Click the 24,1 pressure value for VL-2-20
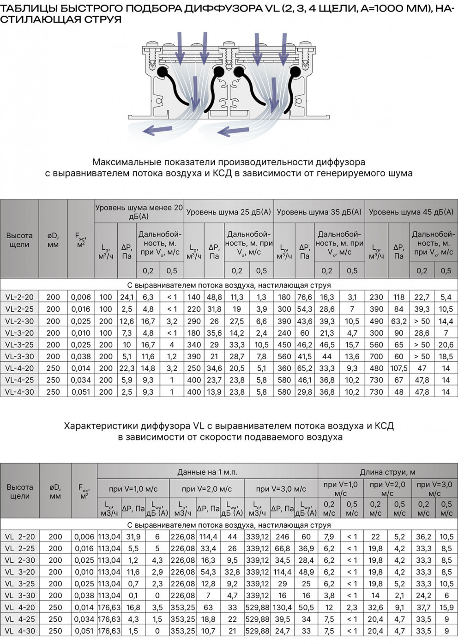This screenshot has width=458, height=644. pos(127,297)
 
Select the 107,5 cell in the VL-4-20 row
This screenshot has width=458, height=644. pos(399,368)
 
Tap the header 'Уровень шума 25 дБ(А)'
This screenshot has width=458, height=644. pos(229,212)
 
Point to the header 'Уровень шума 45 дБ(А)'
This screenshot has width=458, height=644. pos(411,212)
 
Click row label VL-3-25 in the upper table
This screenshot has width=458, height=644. pos(19,345)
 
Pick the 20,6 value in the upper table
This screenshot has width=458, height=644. pos(446,345)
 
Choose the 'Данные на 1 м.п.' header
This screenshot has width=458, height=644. pos(207,472)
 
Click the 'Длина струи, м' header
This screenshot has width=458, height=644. pos(387,472)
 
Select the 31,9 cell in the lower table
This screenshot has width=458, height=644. pos(133,537)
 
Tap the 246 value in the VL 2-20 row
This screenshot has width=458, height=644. pos(282,537)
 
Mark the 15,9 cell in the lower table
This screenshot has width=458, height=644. pos(446,608)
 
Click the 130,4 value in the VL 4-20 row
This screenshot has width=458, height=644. pos(282,608)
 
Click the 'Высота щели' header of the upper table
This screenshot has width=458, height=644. pos(19,240)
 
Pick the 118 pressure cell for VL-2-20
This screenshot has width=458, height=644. pos(399,297)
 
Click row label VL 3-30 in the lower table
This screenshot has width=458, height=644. pos(20,596)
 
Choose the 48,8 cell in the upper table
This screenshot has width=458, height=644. pos(214,297)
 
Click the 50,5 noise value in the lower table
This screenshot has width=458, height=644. pos(306,608)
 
